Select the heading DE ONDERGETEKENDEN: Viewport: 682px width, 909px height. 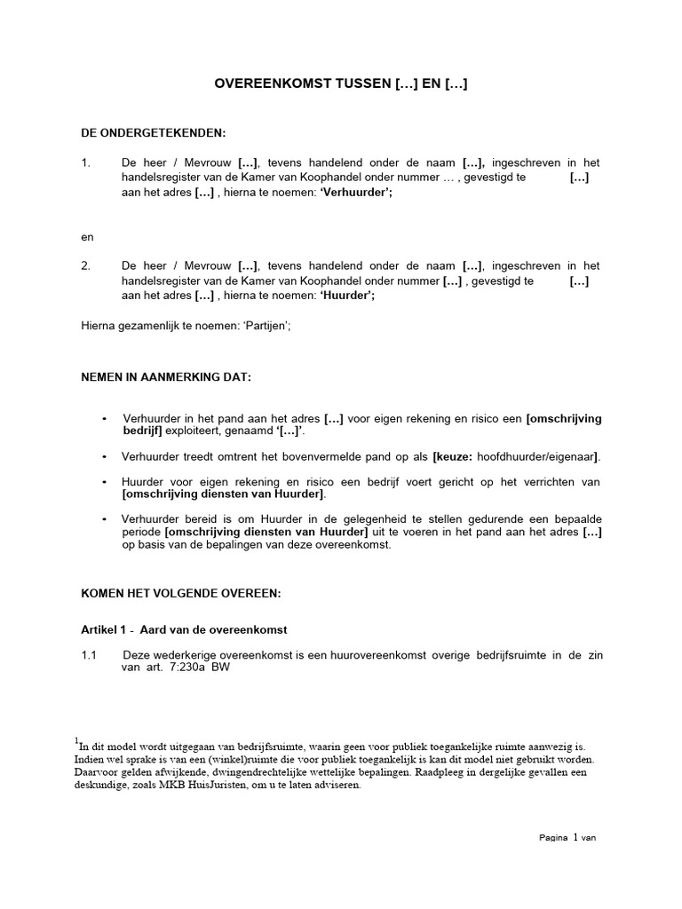point(154,133)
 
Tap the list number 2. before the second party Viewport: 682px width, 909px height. point(86,265)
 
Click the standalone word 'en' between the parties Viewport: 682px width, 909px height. point(87,237)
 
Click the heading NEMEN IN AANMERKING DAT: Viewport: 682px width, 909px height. point(166,377)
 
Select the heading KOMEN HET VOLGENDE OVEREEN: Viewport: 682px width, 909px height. point(180,592)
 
